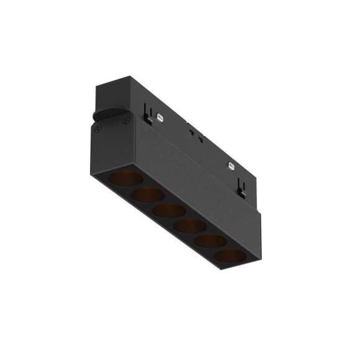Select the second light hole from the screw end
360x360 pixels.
tap(147, 196)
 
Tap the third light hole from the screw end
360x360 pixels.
tap(169, 211)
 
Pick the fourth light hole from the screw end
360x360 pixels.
tap(190, 226)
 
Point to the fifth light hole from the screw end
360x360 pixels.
tap(211, 241)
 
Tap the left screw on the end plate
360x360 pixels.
tap(97, 129)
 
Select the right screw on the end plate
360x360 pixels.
tap(126, 119)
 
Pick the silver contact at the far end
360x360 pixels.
tap(232, 166)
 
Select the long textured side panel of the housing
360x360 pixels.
tap(199, 186)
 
